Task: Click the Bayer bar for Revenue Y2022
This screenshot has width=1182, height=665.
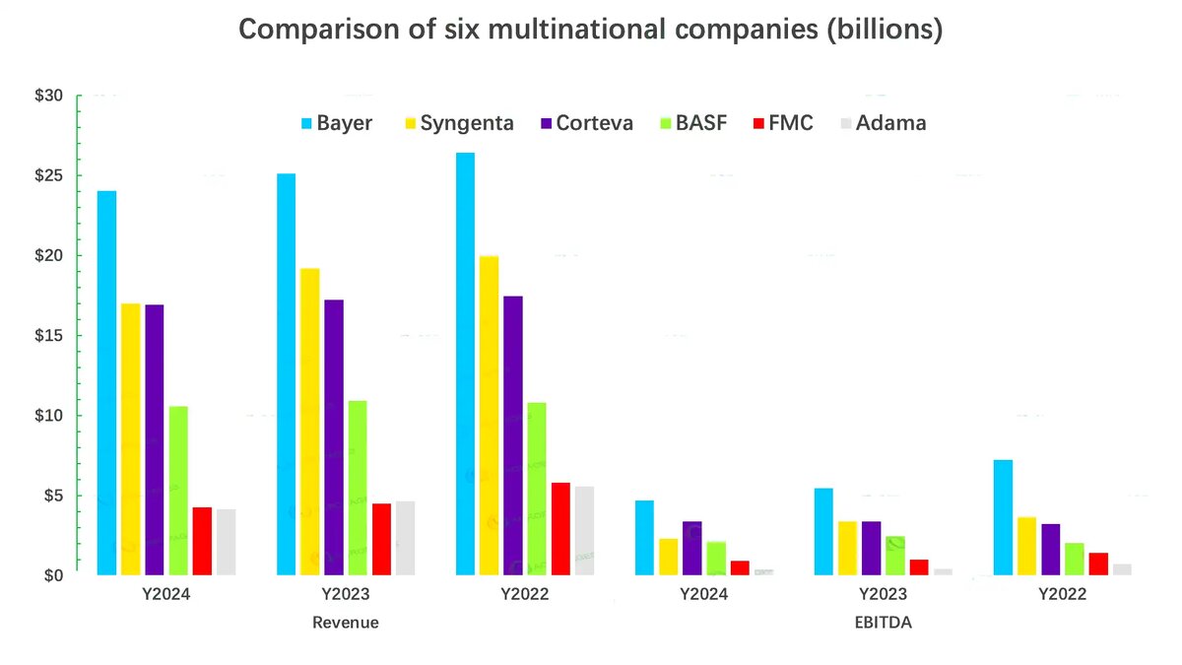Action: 465,365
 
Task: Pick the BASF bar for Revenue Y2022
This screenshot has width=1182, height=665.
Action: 536,489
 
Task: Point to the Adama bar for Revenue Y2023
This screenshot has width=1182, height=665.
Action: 405,538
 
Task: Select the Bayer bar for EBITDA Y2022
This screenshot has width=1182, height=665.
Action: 1003,517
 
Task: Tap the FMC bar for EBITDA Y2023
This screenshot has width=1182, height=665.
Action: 919,566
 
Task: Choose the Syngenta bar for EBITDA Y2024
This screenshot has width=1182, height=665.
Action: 668,557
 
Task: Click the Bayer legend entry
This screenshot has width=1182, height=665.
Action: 336,123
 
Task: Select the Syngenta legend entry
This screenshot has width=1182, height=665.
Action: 457,123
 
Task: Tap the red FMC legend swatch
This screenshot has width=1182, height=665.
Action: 757,123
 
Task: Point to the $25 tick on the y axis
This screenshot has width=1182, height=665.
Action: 48,175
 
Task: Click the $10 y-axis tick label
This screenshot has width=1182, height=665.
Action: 48,415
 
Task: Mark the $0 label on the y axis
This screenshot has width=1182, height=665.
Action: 52,575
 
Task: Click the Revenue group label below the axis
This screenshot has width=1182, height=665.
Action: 345,623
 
